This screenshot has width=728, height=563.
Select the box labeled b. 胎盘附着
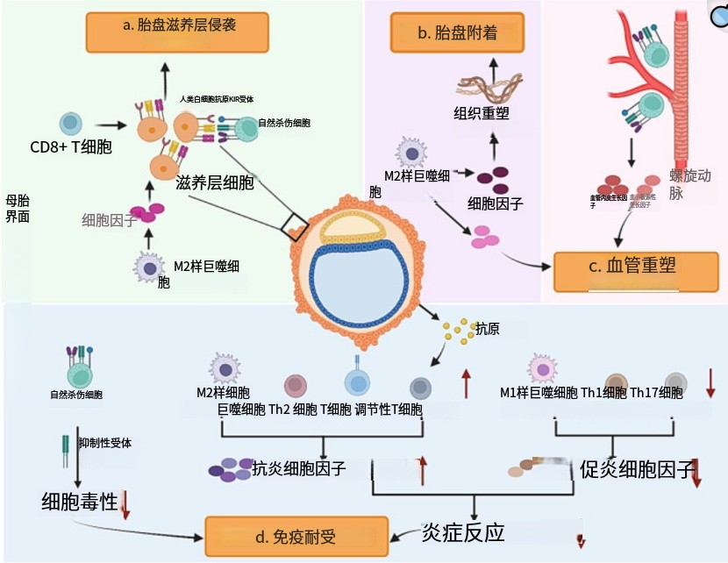click(x=456, y=34)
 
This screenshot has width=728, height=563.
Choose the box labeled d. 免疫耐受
click(x=296, y=535)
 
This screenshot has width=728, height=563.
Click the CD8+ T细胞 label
click(x=71, y=147)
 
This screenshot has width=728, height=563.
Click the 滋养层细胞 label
click(x=215, y=183)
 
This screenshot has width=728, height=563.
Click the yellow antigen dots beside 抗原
click(x=457, y=331)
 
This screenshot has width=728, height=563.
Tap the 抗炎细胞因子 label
click(x=298, y=468)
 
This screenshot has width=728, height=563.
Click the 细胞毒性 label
click(x=79, y=502)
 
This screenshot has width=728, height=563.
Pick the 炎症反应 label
click(x=462, y=532)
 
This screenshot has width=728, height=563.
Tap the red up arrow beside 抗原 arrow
click(x=466, y=384)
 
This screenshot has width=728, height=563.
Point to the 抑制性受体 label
click(x=104, y=443)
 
